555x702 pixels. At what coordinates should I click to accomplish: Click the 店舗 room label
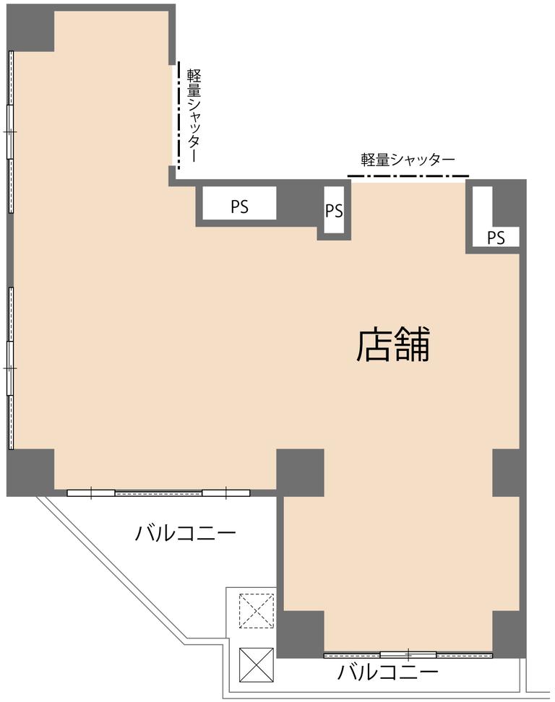click(393, 344)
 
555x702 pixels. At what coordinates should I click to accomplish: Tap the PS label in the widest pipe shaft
click(240, 207)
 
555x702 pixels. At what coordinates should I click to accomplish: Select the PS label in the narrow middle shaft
click(334, 210)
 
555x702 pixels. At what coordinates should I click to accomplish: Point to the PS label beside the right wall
click(496, 238)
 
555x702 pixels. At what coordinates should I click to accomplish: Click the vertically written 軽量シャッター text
click(194, 115)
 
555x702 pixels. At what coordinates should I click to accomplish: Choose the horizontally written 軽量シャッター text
click(408, 160)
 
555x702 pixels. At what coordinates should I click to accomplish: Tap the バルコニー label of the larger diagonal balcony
click(186, 533)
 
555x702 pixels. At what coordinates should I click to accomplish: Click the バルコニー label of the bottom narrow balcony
click(387, 672)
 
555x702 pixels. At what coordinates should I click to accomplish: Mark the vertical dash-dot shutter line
click(178, 115)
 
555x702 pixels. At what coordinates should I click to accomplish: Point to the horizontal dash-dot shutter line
click(408, 176)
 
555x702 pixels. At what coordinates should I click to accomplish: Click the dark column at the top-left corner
click(30, 27)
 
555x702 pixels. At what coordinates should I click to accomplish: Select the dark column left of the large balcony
click(30, 472)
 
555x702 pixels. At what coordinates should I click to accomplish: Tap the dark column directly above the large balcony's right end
click(300, 472)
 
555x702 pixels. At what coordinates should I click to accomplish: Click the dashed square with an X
click(257, 611)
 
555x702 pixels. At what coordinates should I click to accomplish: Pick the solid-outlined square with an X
click(257, 665)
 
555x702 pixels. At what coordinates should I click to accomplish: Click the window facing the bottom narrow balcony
click(408, 655)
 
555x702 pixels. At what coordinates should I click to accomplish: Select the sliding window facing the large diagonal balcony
click(158, 493)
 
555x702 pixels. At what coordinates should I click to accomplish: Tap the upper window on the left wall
click(10, 131)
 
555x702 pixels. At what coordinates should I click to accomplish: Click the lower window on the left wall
click(10, 368)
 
